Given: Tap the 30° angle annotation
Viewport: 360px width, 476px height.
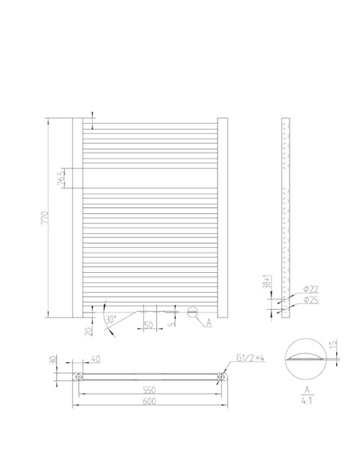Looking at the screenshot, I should (x=110, y=318).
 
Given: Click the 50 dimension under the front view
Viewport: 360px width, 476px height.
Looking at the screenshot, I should (x=149, y=325).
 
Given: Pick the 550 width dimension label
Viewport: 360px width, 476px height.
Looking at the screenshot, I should (x=150, y=390).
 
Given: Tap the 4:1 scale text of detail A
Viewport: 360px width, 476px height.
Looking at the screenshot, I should (x=307, y=404).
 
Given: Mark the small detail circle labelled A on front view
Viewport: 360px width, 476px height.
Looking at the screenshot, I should (x=192, y=313).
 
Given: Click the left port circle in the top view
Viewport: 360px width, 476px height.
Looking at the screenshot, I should (x=78, y=376).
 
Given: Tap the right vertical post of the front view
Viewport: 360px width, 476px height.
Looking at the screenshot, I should (x=222, y=216).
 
